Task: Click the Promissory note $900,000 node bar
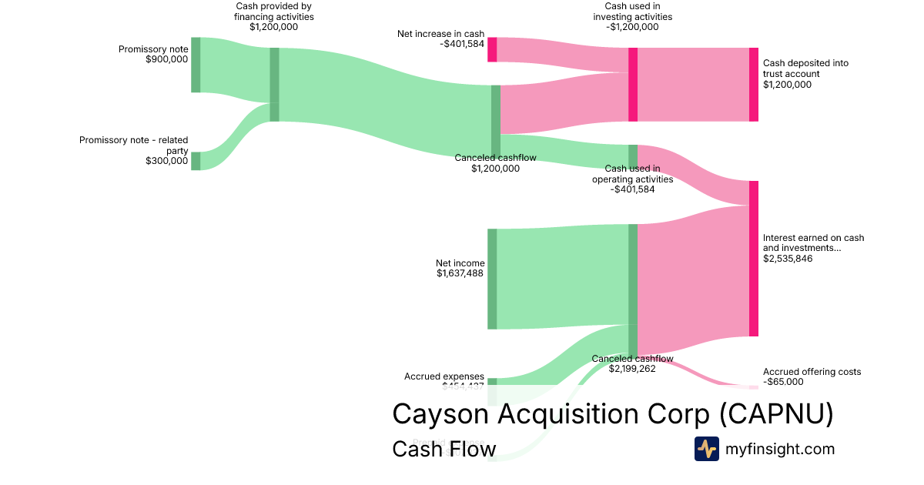click(196, 65)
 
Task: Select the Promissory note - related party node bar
click(196, 161)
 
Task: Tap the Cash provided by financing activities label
click(273, 16)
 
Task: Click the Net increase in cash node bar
click(492, 49)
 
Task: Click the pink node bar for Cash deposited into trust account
click(754, 85)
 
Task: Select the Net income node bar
click(492, 279)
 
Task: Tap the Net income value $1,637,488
click(460, 273)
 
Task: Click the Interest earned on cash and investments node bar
click(754, 259)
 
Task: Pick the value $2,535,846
click(788, 259)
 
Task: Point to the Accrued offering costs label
click(812, 372)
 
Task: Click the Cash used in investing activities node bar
click(633, 85)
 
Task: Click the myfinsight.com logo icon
click(706, 449)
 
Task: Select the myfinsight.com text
click(780, 449)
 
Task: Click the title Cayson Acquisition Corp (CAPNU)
click(612, 414)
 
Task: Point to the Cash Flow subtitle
click(444, 449)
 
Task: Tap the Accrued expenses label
click(444, 376)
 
